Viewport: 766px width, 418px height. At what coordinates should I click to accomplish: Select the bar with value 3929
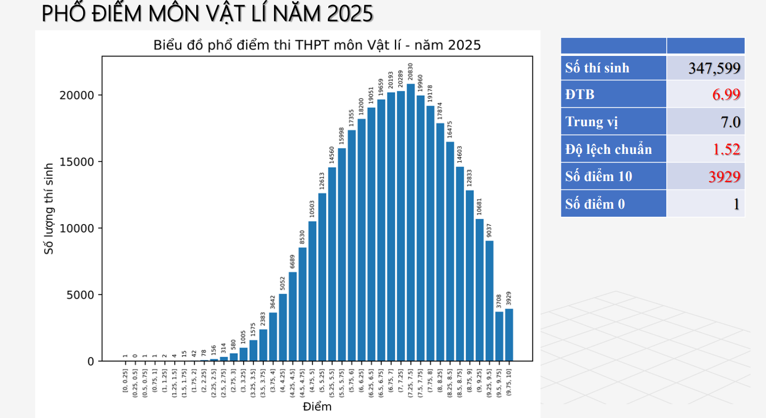[x=509, y=335]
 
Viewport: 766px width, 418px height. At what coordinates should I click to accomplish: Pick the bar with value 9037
[x=489, y=301]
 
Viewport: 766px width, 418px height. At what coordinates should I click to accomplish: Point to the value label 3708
[x=499, y=301]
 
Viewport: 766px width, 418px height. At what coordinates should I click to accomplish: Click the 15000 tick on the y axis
[x=80, y=162]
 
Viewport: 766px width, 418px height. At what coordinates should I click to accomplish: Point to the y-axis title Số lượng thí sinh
[x=49, y=209]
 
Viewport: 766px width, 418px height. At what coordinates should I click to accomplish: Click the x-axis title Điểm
[x=317, y=407]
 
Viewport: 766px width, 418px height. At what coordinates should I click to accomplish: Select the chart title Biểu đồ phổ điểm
[x=317, y=45]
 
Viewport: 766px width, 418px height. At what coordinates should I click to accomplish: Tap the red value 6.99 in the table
[x=726, y=95]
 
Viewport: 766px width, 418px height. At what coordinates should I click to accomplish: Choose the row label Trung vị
[x=592, y=122]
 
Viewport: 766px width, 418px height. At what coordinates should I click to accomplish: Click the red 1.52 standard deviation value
[x=727, y=150]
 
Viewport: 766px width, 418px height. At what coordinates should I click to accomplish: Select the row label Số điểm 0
[x=595, y=204]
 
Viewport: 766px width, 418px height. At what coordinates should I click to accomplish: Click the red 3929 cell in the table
[x=724, y=177]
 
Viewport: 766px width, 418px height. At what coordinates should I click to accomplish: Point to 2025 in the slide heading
[x=350, y=14]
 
